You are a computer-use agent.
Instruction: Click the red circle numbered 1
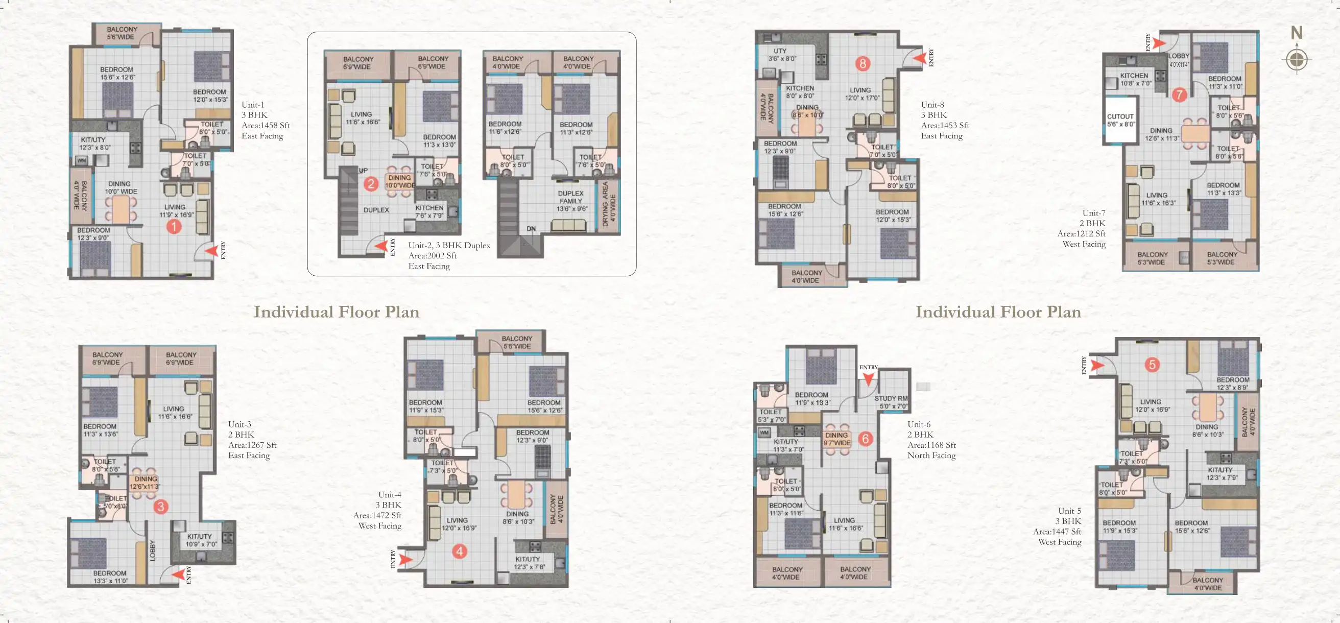coord(174,226)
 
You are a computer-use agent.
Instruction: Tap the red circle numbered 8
coord(863,63)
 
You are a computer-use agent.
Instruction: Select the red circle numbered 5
coord(1152,365)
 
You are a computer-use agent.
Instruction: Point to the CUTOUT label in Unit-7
coord(1120,120)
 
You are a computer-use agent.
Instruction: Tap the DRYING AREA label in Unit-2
coord(609,204)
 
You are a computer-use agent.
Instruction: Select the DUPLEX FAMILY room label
coord(571,201)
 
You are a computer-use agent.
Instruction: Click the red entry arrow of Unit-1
coord(211,251)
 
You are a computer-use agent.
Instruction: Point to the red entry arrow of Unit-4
coord(406,560)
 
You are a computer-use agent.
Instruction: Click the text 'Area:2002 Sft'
coord(432,255)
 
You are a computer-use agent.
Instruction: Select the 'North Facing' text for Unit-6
coord(931,455)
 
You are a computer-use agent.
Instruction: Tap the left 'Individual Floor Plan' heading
coord(336,311)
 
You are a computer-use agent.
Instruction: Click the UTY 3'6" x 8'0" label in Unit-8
coord(780,55)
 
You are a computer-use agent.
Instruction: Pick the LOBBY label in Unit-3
coord(152,550)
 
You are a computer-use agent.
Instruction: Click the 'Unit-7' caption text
coord(1093,213)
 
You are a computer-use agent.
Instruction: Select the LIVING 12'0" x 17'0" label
coord(862,93)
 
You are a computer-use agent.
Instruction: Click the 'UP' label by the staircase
coord(363,171)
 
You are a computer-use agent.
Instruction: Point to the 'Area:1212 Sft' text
coord(1081,233)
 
